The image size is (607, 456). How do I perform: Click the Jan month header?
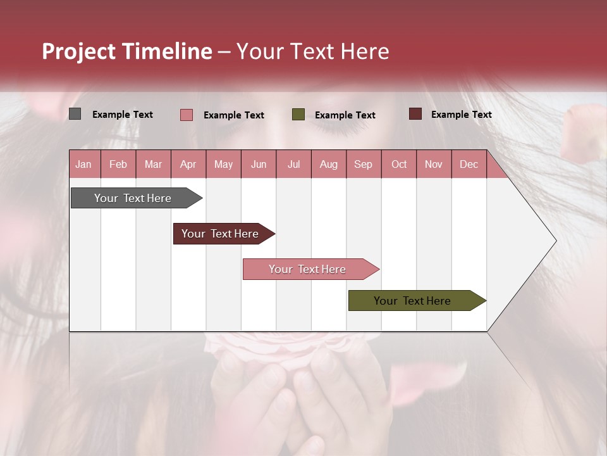click(83, 164)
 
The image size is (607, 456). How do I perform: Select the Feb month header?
click(118, 164)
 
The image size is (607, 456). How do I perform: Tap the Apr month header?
click(188, 164)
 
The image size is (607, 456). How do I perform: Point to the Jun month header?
click(259, 164)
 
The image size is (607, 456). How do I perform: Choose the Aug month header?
click(328, 164)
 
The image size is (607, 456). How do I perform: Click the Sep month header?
click(363, 164)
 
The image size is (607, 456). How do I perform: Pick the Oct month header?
click(399, 164)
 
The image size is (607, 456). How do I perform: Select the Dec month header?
click(469, 164)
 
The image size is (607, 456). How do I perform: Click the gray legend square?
click(75, 114)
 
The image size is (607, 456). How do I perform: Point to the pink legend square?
click(187, 115)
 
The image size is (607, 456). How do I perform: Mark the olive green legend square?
click(298, 115)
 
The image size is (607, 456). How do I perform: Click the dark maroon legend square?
click(415, 114)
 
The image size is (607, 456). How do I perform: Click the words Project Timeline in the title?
click(127, 51)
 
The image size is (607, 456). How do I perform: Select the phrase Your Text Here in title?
click(312, 51)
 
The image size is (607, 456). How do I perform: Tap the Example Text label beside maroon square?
click(461, 115)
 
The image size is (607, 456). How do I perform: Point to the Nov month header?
click(434, 164)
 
